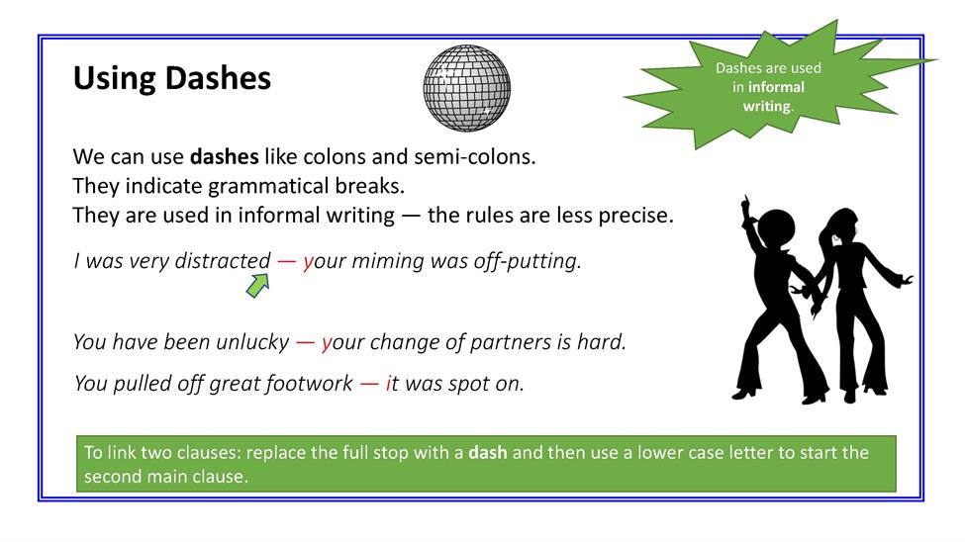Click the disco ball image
(x=466, y=88)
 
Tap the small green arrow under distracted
(x=258, y=286)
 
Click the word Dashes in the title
(x=218, y=78)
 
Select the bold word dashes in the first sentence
(x=224, y=156)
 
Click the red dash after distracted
(x=287, y=261)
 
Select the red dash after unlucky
(x=305, y=342)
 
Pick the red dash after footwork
(x=369, y=384)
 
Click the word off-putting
(x=528, y=261)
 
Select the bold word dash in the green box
(x=487, y=453)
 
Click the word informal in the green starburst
(x=776, y=87)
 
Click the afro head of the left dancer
(x=776, y=228)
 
